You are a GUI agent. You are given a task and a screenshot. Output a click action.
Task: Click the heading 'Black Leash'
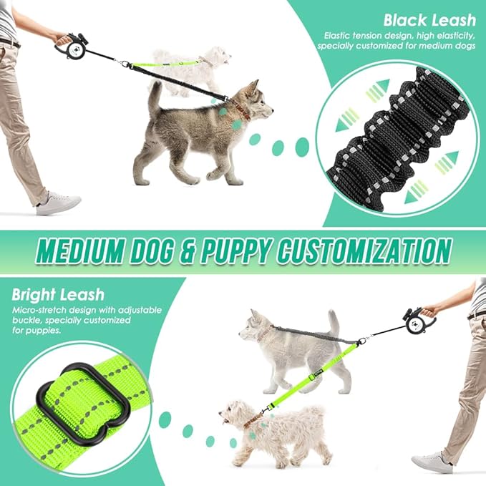tap(427, 19)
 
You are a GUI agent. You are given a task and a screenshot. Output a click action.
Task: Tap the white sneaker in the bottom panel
tap(432, 462)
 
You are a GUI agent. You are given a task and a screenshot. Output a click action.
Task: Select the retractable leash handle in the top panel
tap(71, 46)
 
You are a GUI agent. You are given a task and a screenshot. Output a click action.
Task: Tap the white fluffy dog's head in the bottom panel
tap(236, 415)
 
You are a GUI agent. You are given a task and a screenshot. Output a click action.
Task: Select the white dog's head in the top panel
tap(215, 57)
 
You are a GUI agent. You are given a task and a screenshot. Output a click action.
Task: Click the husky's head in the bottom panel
tap(254, 326)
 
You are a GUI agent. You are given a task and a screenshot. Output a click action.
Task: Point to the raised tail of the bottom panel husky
tap(333, 322)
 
